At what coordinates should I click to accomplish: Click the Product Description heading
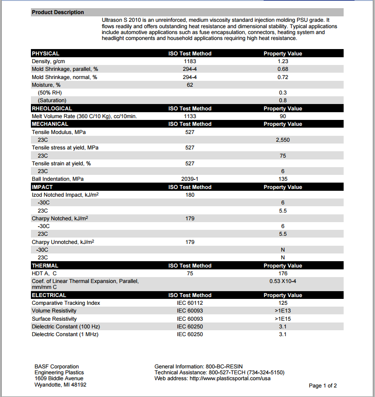tap(58, 12)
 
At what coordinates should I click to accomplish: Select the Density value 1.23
tap(283, 61)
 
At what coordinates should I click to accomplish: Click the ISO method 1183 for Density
tap(190, 61)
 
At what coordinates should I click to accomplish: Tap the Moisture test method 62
tap(190, 85)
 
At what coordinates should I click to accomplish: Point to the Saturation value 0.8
tap(283, 100)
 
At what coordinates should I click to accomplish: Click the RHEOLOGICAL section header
tap(52, 109)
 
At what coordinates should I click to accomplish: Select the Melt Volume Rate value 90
tap(283, 116)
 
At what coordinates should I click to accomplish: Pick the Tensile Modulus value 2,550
tap(283, 140)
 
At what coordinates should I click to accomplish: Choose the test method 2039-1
tap(190, 179)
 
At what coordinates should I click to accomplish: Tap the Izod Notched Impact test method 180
tap(190, 195)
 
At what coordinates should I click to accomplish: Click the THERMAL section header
tap(45, 266)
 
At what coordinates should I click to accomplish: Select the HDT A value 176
tap(283, 273)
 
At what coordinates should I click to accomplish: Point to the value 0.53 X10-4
tap(283, 281)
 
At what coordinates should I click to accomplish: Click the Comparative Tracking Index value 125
tap(283, 303)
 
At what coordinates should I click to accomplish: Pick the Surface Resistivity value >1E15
tap(283, 319)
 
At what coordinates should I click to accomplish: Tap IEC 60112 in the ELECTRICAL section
tap(190, 303)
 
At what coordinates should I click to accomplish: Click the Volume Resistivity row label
tap(54, 311)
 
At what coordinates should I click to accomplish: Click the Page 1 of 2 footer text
tap(323, 386)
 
